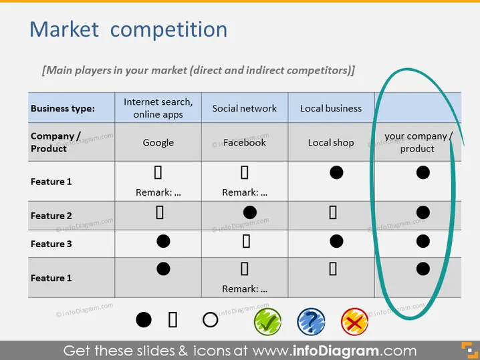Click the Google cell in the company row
(x=158, y=142)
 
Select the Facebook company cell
(x=245, y=142)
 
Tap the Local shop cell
(x=331, y=142)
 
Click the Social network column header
(x=245, y=108)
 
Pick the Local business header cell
(x=331, y=108)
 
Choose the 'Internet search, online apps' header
(x=158, y=108)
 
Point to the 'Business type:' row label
(x=63, y=109)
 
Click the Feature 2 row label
(x=51, y=216)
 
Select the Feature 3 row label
(x=51, y=244)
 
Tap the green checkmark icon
(x=267, y=321)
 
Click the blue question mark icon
(x=311, y=321)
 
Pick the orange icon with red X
(x=354, y=321)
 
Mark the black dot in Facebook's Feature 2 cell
(x=250, y=212)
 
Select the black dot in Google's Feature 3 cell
(x=163, y=241)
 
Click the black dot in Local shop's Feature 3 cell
(x=336, y=241)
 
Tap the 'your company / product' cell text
(x=418, y=142)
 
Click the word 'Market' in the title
(x=64, y=29)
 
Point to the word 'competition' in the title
(x=168, y=30)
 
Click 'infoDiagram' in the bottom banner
(x=336, y=351)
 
